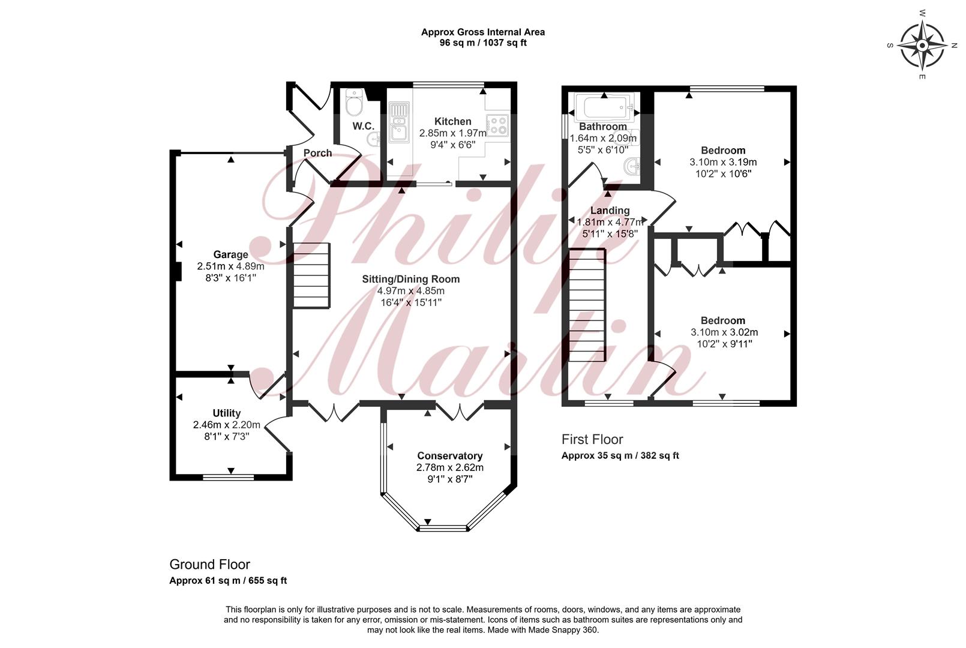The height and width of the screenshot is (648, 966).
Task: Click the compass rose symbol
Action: [922, 45]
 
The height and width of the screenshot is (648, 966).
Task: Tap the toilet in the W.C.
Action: [354, 102]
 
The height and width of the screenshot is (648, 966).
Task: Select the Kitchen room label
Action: [452, 122]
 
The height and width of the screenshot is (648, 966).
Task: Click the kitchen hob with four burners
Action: [497, 125]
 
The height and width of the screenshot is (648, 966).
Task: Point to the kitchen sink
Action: [399, 122]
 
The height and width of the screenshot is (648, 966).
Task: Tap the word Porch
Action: [317, 153]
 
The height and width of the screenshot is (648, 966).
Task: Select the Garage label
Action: [231, 254]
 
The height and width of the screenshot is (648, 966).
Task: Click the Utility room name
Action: [226, 413]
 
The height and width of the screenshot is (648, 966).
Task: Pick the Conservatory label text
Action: [450, 456]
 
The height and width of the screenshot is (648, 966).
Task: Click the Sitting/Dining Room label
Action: [410, 279]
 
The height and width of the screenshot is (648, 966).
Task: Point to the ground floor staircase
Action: [311, 275]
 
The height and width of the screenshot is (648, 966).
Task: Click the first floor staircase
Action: [587, 305]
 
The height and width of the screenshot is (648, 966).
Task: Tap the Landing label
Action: [610, 211]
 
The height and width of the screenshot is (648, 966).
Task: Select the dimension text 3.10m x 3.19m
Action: [723, 162]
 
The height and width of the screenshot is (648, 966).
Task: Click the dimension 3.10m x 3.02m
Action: [724, 332]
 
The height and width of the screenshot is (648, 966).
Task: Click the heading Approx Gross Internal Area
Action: [483, 32]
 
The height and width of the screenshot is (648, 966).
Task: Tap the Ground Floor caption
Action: [209, 565]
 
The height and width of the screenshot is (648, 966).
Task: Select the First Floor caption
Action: [592, 439]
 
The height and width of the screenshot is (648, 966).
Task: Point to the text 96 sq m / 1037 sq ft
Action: [483, 43]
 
